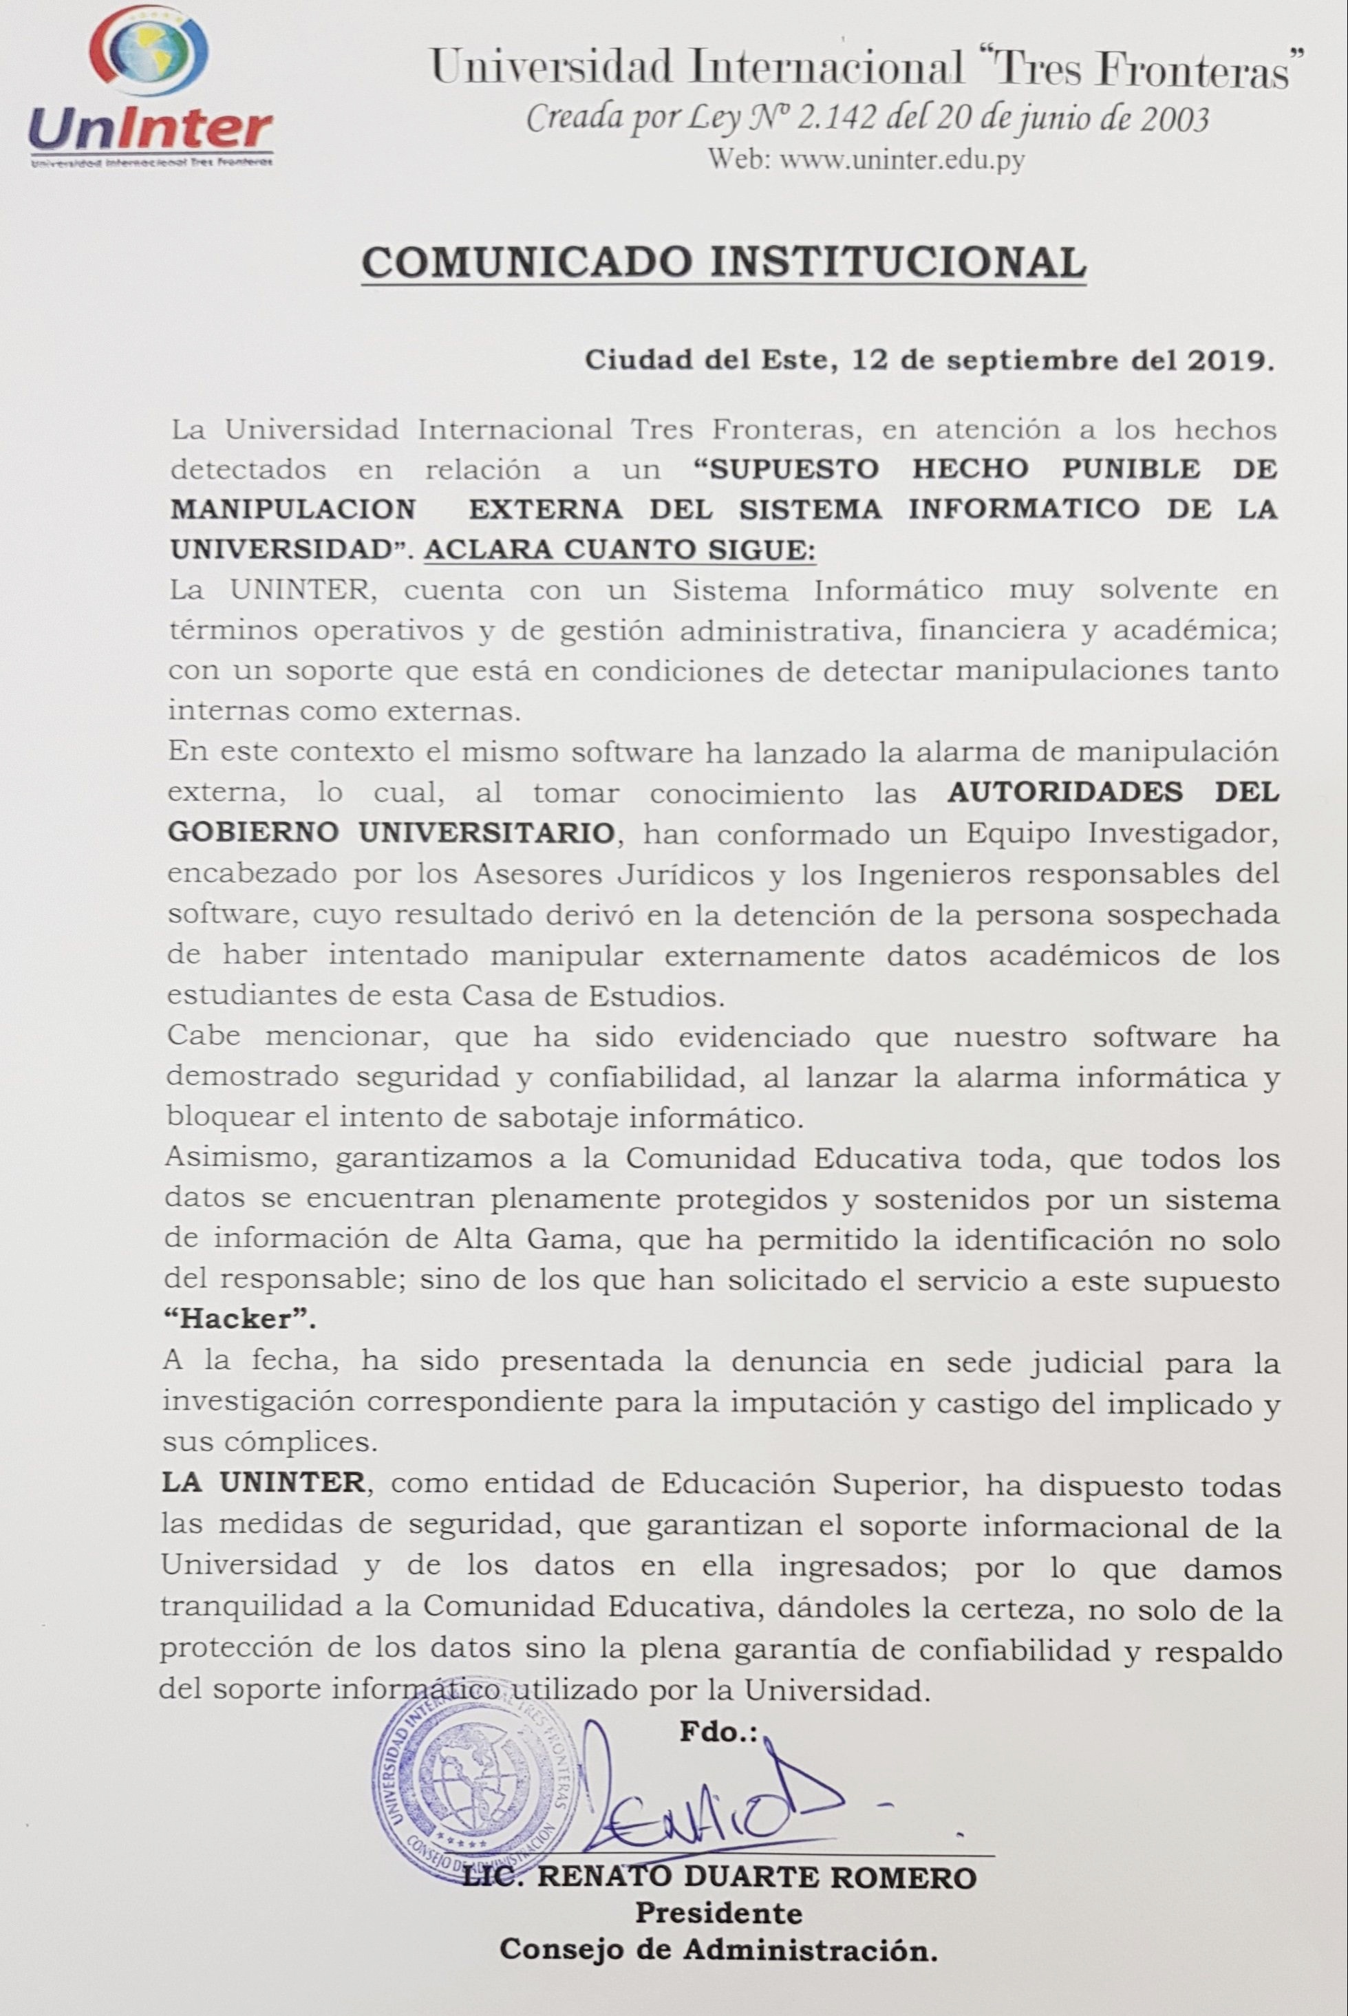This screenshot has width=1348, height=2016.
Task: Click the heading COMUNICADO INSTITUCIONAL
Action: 723,262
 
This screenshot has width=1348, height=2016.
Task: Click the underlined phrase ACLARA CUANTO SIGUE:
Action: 620,549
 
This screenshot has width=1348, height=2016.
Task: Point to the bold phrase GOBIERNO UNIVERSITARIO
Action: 393,832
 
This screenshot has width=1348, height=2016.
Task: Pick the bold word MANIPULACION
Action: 292,509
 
